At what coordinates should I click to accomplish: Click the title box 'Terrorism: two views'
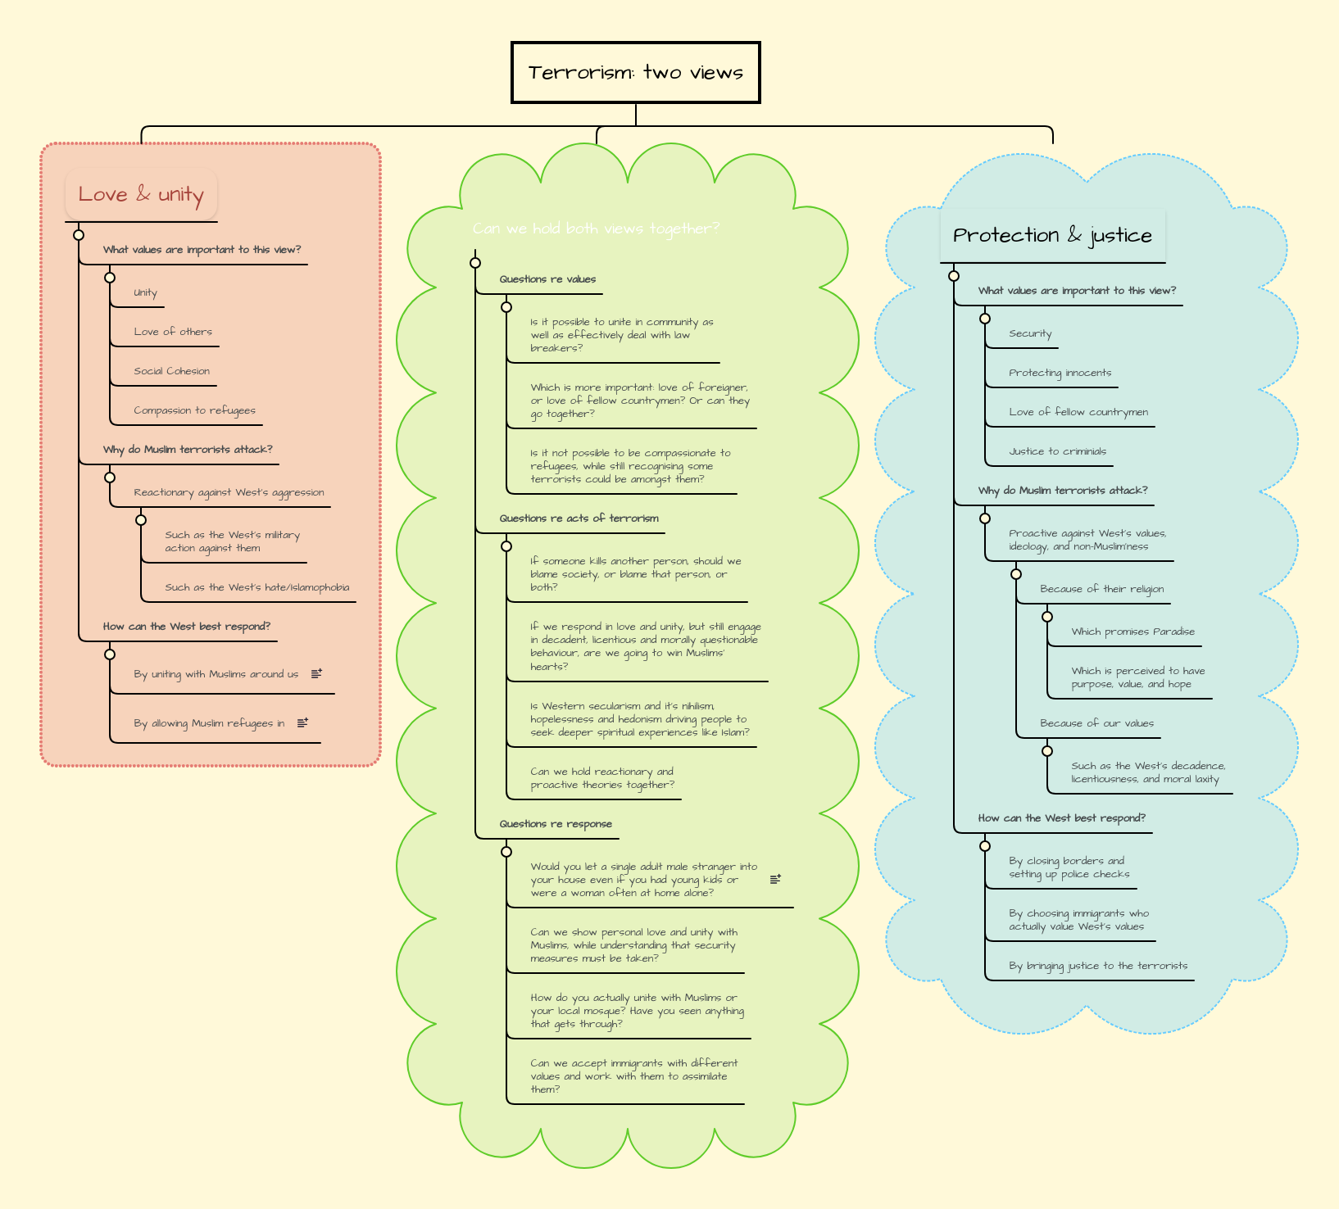635,73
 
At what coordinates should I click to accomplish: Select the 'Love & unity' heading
141,195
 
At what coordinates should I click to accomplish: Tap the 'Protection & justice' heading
1052,236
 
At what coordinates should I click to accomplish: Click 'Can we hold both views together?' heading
596,229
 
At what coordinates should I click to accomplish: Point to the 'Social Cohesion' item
171,371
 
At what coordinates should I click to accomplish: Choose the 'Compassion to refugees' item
194,410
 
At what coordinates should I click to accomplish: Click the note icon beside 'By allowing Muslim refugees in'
302,722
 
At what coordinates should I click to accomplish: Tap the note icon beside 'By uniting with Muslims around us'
316,673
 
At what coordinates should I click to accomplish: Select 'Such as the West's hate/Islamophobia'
256,587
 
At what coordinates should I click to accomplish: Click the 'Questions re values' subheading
547,279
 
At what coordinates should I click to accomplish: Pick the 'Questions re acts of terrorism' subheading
579,518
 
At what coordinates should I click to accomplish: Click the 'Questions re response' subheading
556,824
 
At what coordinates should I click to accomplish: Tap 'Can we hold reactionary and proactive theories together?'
602,778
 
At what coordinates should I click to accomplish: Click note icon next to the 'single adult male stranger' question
775,879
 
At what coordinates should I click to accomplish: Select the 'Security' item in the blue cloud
1030,333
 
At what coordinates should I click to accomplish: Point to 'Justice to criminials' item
1057,451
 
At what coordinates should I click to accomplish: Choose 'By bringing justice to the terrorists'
1097,966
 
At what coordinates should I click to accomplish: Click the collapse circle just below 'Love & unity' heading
79,235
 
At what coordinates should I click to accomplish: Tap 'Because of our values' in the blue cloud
1096,723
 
